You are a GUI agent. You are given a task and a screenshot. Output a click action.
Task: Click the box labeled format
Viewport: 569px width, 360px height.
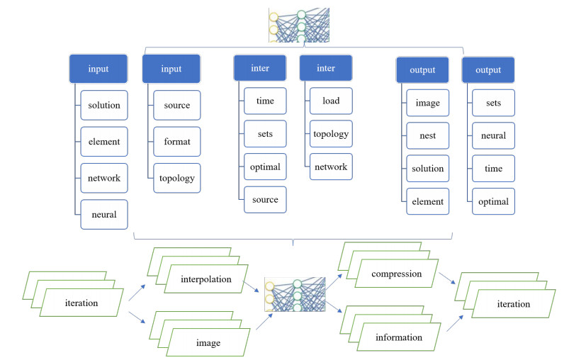click(177, 141)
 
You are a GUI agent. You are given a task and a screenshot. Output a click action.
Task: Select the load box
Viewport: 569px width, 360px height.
click(330, 101)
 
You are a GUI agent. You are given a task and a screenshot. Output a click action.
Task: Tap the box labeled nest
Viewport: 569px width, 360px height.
click(427, 135)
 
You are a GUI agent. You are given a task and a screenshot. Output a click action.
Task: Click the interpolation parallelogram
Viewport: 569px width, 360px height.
click(205, 279)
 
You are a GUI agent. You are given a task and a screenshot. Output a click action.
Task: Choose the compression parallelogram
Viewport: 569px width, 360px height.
click(396, 274)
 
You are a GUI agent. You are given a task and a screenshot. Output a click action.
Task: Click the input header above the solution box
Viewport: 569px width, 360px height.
click(98, 69)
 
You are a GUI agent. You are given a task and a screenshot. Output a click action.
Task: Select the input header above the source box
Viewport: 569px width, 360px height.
click(171, 69)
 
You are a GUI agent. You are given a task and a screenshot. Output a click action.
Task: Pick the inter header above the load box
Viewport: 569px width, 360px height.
click(325, 69)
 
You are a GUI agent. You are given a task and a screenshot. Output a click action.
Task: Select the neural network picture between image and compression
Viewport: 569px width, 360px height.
click(294, 294)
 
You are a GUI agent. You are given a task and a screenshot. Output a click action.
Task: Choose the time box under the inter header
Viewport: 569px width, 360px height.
click(265, 101)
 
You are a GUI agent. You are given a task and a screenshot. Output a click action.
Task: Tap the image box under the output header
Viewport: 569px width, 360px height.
click(427, 103)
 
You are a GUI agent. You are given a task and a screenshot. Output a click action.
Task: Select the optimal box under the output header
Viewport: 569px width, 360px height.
click(493, 201)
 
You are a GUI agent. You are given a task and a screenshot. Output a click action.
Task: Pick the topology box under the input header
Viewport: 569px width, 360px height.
click(177, 178)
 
